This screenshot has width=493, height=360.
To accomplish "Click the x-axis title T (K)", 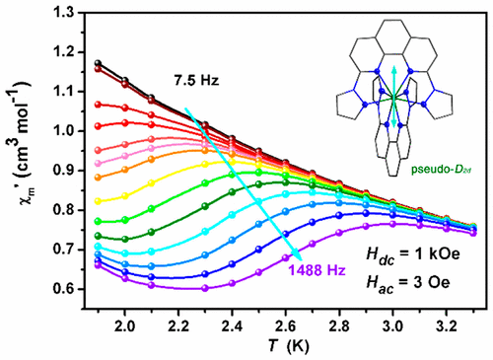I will pos(275,346).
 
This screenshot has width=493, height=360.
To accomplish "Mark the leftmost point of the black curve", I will pos(98,63).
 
